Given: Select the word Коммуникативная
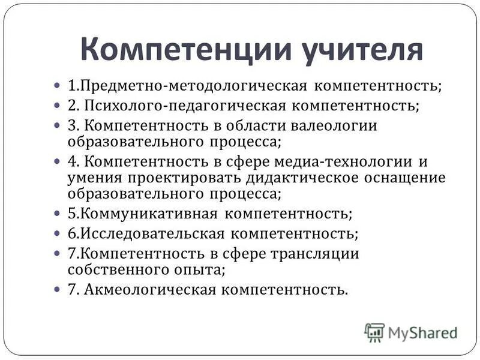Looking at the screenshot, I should tap(147, 214).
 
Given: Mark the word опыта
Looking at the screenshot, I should tap(202, 269).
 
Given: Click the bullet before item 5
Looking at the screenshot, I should tap(57, 214).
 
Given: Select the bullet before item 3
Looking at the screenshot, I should tap(57, 126).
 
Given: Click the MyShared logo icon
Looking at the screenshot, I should tap(374, 332).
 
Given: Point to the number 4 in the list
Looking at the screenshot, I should tap(73, 162).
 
